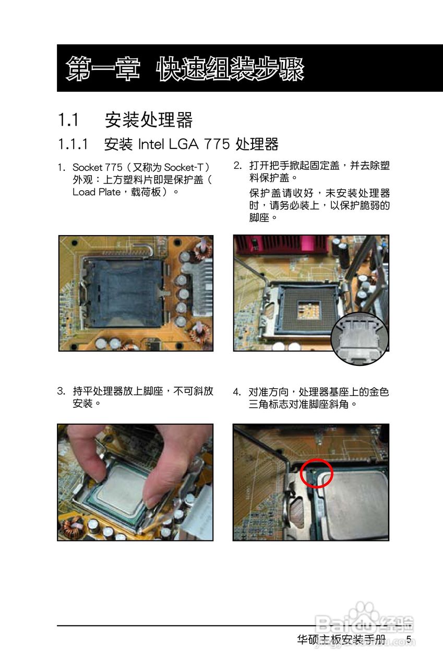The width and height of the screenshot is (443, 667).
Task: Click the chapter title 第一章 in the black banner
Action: [x=103, y=69]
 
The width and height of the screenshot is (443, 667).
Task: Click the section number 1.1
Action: [x=68, y=120]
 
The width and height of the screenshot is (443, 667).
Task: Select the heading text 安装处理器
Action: [x=149, y=120]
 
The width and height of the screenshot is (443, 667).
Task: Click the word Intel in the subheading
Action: [x=151, y=144]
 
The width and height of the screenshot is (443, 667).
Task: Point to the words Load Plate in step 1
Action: [x=97, y=192]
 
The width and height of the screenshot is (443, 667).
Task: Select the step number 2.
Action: [x=237, y=166]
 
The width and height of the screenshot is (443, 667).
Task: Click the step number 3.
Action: [x=61, y=391]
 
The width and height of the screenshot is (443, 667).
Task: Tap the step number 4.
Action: [x=237, y=392]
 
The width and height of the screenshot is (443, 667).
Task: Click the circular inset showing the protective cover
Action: [x=360, y=339]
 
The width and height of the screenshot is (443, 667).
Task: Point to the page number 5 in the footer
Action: [x=409, y=639]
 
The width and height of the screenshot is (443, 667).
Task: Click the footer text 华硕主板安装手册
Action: [x=341, y=639]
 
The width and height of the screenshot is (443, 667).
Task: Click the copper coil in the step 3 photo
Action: [x=71, y=527]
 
